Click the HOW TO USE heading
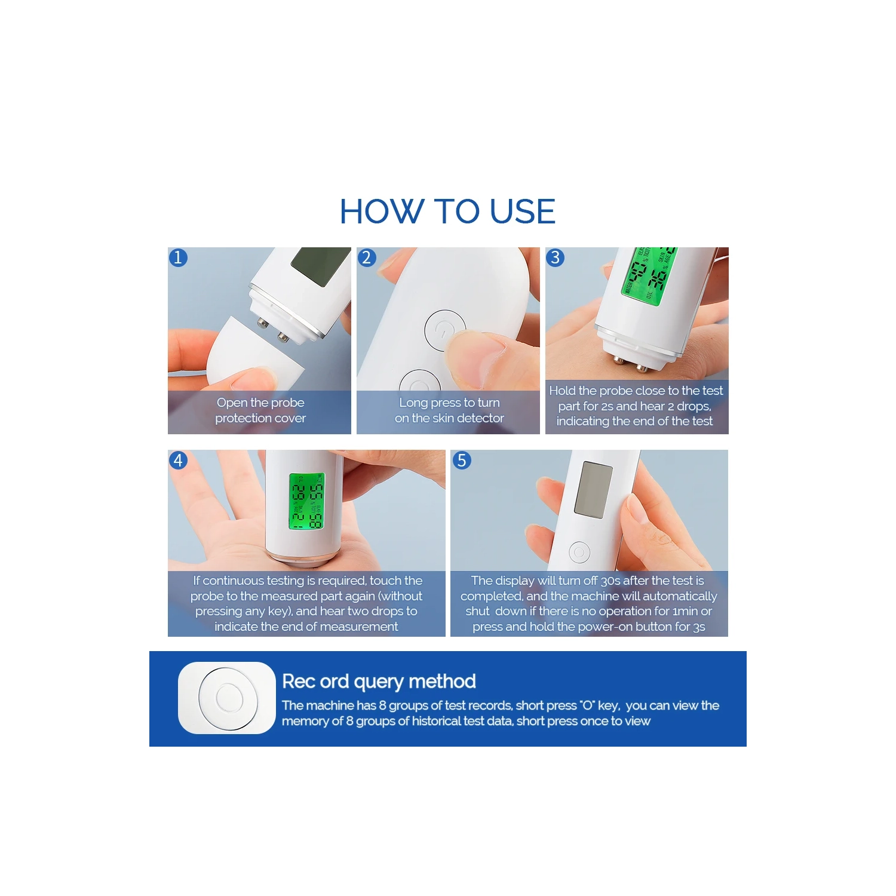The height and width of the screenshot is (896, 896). click(447, 211)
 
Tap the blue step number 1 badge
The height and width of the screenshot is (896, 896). click(178, 257)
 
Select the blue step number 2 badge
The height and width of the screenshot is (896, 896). click(367, 257)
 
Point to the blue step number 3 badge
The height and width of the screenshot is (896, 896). click(556, 257)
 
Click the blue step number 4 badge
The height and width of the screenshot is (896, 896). click(178, 460)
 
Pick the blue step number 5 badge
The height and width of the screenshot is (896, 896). click(462, 460)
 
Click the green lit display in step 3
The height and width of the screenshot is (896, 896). click(650, 276)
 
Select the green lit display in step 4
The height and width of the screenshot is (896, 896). click(307, 501)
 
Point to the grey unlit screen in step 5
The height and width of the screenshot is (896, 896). click(593, 490)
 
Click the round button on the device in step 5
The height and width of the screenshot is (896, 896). click(579, 552)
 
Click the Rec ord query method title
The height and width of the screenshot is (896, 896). click(379, 682)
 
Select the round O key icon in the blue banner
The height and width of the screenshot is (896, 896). click(228, 698)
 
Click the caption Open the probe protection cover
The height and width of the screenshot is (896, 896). click(260, 410)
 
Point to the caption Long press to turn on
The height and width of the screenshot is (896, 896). click(449, 410)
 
